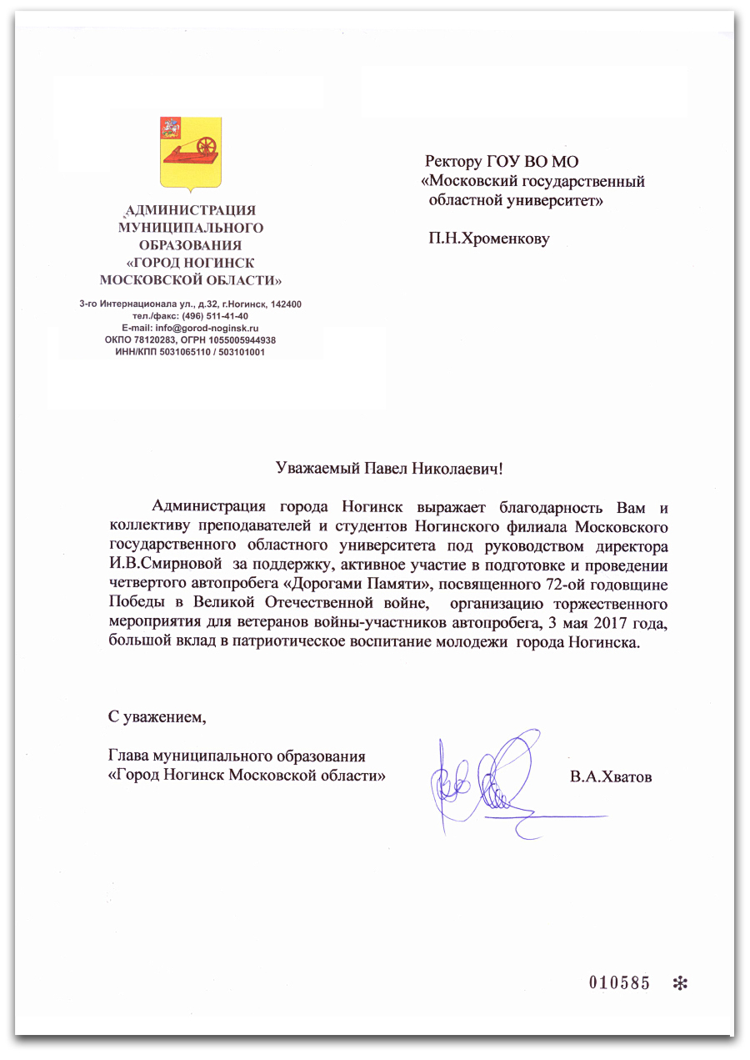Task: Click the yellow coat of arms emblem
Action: (x=191, y=152)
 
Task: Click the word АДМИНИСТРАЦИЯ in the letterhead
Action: (x=190, y=210)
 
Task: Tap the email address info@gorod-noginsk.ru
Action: (x=214, y=329)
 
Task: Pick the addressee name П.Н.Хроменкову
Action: (x=489, y=239)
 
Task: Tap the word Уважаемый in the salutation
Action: (x=318, y=469)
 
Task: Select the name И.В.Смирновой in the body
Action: (x=160, y=564)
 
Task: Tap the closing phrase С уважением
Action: (x=156, y=716)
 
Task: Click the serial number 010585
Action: (x=619, y=982)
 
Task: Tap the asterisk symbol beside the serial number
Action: (x=679, y=983)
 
